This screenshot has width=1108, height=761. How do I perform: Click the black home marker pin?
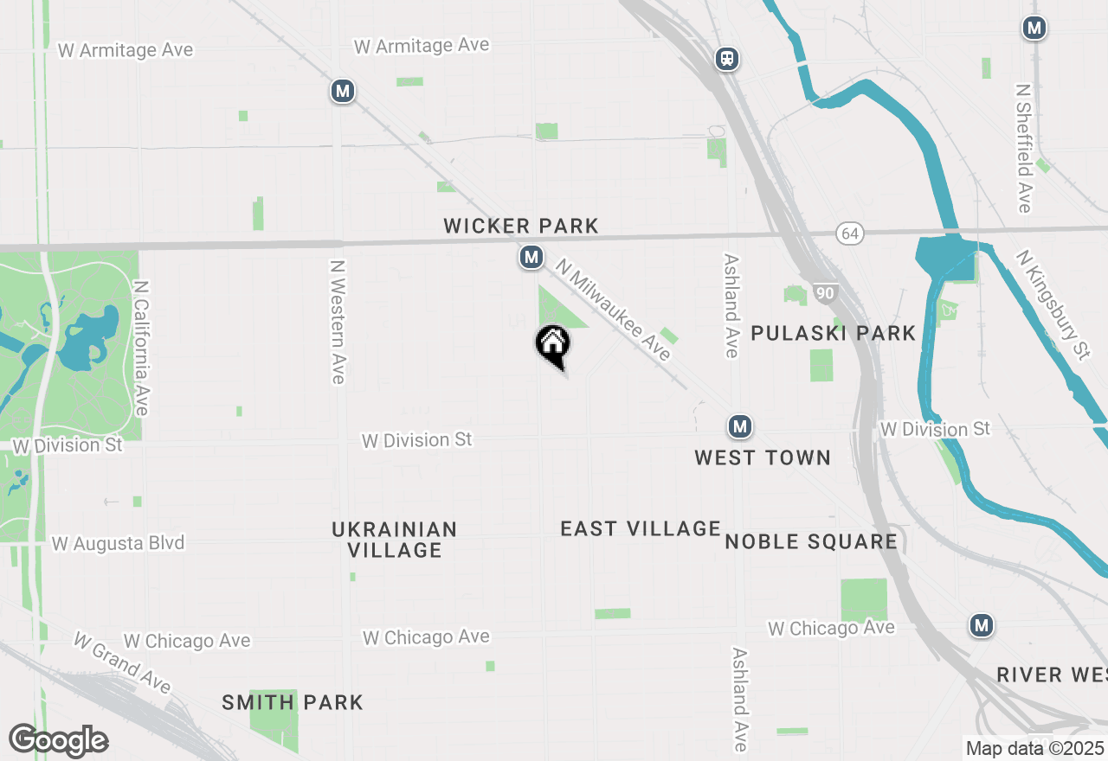coord(552,344)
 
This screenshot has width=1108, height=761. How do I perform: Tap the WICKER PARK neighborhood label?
coord(521,227)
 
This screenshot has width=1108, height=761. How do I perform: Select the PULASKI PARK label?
coord(833,333)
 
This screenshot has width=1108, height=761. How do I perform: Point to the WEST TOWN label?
coord(763,457)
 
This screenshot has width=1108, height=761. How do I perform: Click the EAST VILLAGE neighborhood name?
coord(641,528)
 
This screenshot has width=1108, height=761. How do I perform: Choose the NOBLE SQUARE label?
coord(811,542)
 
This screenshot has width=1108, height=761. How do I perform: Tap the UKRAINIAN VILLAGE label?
coord(395,540)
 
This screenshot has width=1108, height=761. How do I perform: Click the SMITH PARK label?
coord(293,702)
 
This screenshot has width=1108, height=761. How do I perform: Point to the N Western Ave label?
coord(338,322)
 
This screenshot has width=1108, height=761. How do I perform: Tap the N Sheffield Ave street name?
coord(1024,148)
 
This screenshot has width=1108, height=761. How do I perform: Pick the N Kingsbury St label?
coord(1053,304)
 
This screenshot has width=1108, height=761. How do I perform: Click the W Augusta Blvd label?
coord(119,544)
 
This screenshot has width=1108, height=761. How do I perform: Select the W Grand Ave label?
coord(122,662)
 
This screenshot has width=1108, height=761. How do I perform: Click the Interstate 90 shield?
coord(825,293)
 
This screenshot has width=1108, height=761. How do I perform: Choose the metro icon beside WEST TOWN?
coord(739,426)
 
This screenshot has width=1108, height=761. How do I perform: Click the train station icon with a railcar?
coord(726,59)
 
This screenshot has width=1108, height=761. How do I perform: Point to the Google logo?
coord(59,741)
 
